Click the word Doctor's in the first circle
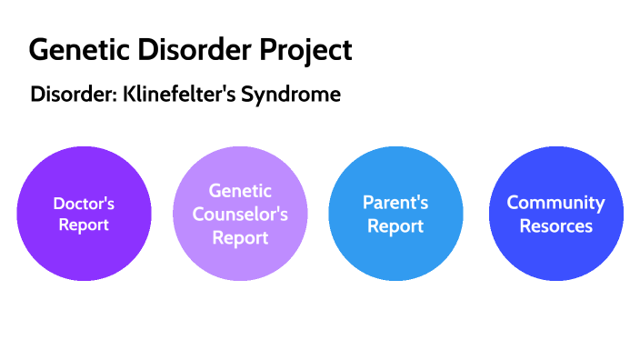[84, 204]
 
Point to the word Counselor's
[240, 215]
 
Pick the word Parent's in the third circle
[395, 202]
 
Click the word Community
[555, 202]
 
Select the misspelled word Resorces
[555, 225]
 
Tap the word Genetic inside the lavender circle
[240, 191]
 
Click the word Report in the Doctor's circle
[84, 225]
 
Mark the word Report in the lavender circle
[240, 238]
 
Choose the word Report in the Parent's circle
[395, 225]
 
